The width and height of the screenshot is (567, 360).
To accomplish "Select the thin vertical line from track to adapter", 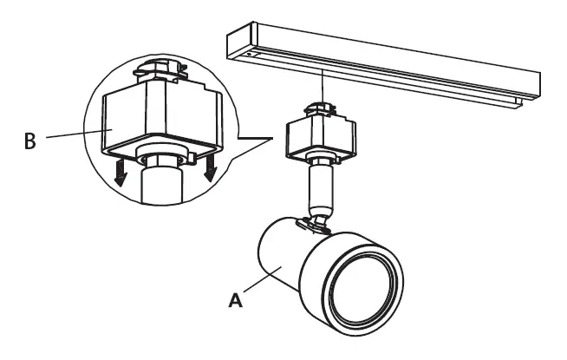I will (322, 87).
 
